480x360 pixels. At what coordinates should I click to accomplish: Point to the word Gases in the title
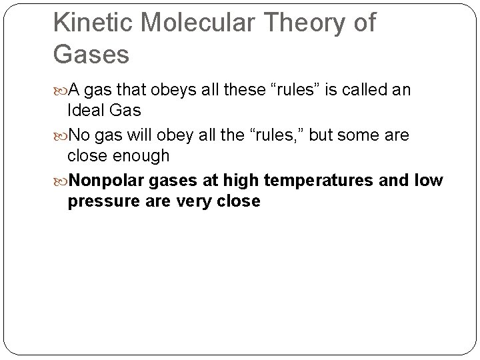pyautogui.click(x=91, y=55)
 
